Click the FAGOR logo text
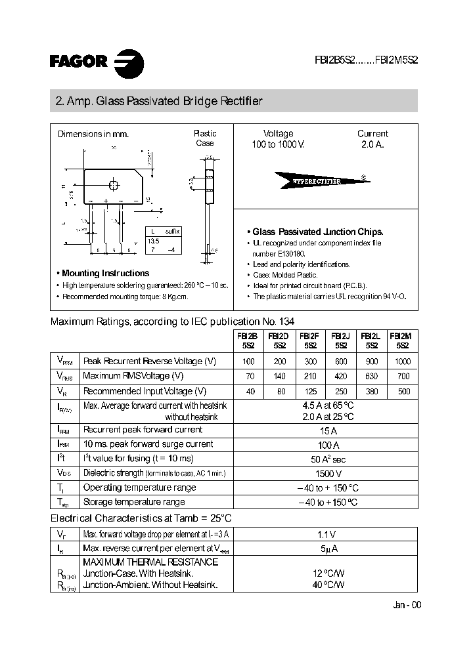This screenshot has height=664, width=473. coord(78,61)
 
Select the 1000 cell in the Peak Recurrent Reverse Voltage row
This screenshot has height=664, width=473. coord(403,362)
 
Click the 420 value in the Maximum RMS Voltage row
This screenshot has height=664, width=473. coord(340,377)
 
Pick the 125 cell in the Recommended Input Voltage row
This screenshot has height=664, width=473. coord(310,392)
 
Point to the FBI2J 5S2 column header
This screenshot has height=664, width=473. coord(341,340)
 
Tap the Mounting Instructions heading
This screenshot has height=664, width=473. coord(105,273)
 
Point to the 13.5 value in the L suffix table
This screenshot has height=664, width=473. coord(152,240)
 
